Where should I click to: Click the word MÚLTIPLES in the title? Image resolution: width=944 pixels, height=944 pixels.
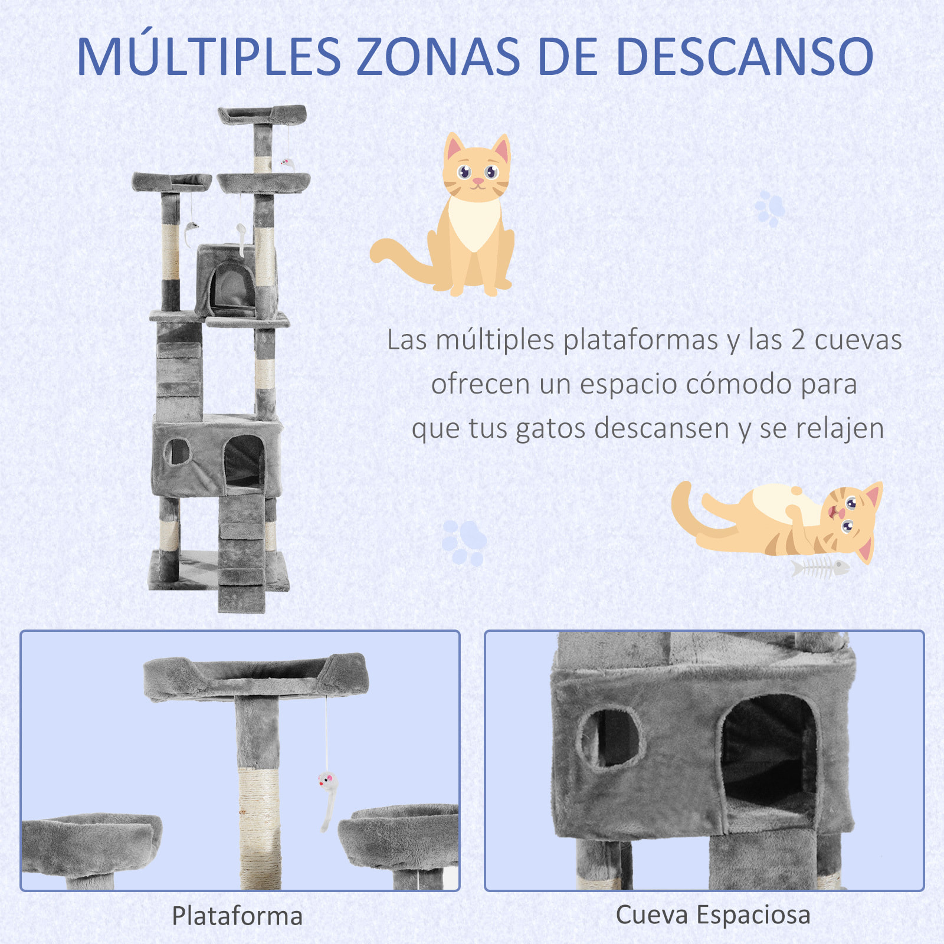[209, 57]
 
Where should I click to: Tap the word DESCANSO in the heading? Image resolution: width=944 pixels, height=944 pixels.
[744, 57]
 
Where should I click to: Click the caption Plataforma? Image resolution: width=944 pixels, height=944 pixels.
[237, 916]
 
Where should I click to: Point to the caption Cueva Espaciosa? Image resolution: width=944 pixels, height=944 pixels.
[713, 915]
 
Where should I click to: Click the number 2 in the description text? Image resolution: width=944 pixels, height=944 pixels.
[798, 340]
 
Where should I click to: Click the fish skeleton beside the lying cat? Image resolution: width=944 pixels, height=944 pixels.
[820, 568]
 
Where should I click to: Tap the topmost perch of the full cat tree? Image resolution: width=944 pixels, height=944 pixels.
[262, 114]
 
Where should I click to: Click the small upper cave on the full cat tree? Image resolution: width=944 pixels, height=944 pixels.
[227, 280]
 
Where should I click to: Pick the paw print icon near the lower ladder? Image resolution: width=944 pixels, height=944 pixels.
[464, 542]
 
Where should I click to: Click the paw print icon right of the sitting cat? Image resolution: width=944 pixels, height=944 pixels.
[769, 208]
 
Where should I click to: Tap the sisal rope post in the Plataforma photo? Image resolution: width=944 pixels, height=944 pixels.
[259, 826]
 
